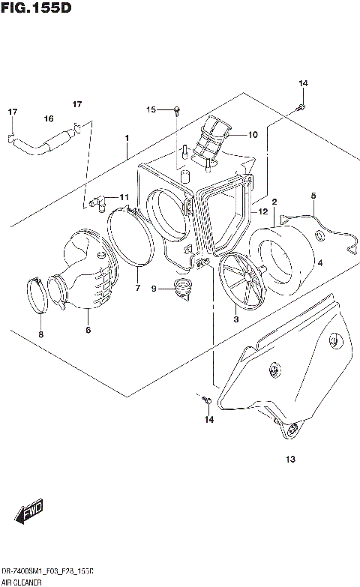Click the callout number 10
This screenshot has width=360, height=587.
pyautogui.click(x=252, y=135)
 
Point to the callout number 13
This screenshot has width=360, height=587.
pyautogui.click(x=290, y=459)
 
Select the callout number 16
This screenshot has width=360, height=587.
pyautogui.click(x=48, y=118)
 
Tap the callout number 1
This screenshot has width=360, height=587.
pyautogui.click(x=127, y=138)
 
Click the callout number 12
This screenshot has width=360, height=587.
pyautogui.click(x=262, y=212)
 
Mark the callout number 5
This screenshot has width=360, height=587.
pyautogui.click(x=313, y=196)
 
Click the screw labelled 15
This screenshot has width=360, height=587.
pyautogui.click(x=175, y=111)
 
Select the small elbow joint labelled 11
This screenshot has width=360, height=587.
pyautogui.click(x=95, y=200)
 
